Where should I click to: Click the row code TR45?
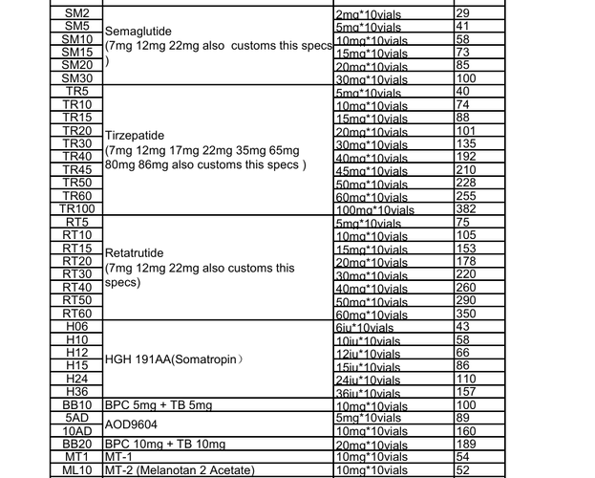coord(77,169)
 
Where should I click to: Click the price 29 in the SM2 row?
coord(464,12)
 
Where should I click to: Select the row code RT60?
coord(77,313)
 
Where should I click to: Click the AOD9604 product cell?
coord(132,424)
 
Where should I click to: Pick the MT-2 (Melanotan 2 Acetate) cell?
coord(180,469)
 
